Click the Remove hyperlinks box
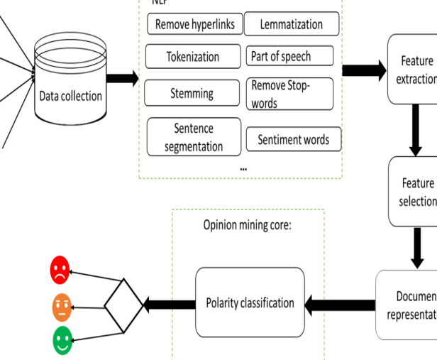[x=195, y=23]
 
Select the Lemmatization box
[x=292, y=23]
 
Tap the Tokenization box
[x=192, y=57]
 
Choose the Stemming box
[x=192, y=92]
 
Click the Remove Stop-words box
[x=290, y=94]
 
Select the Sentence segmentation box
[x=193, y=138]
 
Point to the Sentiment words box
[x=292, y=139]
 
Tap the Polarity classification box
[x=250, y=303]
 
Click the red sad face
[x=60, y=270]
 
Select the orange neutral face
[x=62, y=308]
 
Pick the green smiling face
[x=62, y=342]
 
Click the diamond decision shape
[x=124, y=306]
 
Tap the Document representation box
[x=408, y=305]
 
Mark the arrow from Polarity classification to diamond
[x=169, y=305]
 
